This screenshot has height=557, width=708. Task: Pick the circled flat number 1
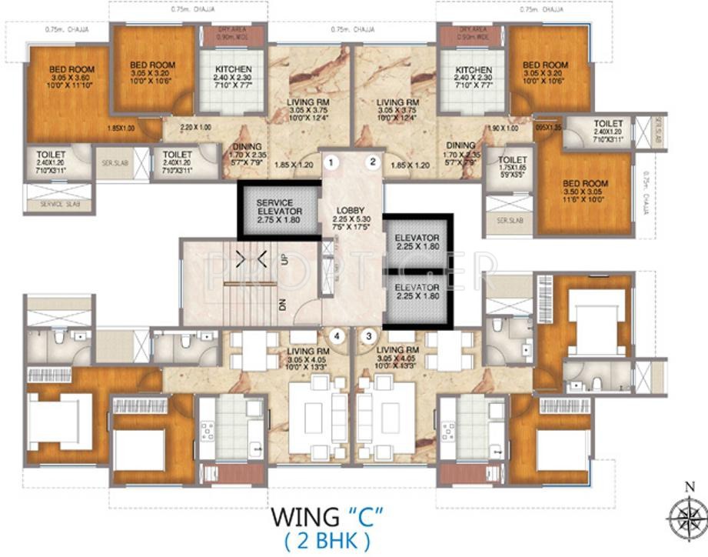(x=331, y=162)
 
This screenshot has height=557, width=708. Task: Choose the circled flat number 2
(x=373, y=162)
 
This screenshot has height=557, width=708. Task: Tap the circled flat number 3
(x=371, y=335)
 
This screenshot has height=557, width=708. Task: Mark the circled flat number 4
(x=335, y=335)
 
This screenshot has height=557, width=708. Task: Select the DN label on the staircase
(x=283, y=305)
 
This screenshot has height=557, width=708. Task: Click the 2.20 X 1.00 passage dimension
(x=196, y=127)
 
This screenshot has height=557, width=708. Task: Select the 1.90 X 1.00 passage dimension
(x=500, y=128)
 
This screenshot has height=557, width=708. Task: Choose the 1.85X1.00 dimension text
(x=121, y=128)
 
